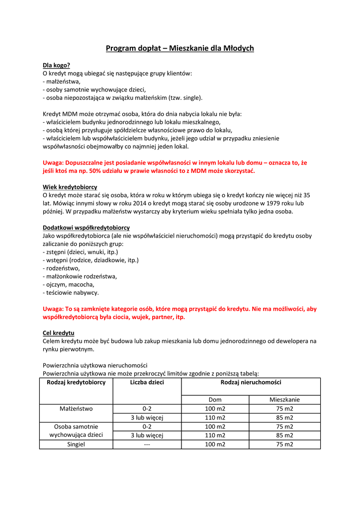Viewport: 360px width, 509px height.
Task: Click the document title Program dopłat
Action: coord(180,48)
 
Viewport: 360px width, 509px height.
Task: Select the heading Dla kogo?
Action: coord(56,65)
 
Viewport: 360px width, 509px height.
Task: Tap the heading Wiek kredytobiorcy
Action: coord(70,187)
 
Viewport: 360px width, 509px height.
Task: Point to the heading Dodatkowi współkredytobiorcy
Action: coord(86,228)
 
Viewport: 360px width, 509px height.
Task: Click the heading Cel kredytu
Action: coord(59,333)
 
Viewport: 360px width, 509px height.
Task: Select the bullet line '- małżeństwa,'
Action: coord(62,82)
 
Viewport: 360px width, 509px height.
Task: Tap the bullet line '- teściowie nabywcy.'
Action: coord(71,292)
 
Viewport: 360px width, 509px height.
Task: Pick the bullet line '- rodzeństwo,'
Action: coord(61,268)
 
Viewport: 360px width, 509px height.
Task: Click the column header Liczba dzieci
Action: coord(147,382)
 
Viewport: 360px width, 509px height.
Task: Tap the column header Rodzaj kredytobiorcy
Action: coord(76,382)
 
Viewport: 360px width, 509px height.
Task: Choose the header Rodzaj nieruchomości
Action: coord(251,382)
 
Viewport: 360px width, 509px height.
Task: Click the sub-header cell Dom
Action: coord(215,400)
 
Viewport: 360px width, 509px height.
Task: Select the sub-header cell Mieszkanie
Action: coord(284,400)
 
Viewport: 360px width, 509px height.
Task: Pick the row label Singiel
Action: coord(76,444)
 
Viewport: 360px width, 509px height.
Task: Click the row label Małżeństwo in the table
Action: coord(76,409)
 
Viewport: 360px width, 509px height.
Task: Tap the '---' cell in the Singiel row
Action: coord(147,444)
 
